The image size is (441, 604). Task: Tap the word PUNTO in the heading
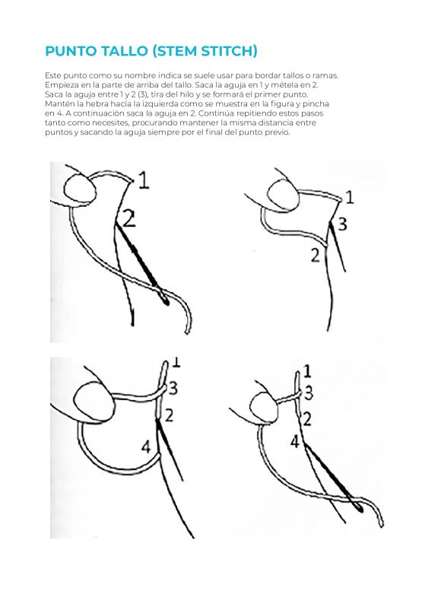click(x=71, y=51)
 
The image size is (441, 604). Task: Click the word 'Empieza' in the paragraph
click(x=58, y=85)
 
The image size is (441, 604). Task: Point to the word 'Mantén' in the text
click(x=57, y=104)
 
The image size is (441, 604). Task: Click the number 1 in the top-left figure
click(x=144, y=180)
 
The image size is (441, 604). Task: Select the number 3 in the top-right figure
click(x=342, y=224)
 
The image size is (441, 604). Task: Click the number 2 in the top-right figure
click(x=316, y=255)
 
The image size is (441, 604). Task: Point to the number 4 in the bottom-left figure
click(x=146, y=447)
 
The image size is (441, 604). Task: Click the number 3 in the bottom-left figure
click(x=173, y=388)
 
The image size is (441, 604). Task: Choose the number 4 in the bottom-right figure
click(x=294, y=442)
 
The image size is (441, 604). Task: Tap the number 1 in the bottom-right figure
click(x=306, y=372)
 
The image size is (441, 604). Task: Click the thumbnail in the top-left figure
click(x=79, y=189)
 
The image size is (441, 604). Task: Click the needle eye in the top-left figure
click(x=166, y=300)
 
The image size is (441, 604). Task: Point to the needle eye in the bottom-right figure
click(x=359, y=508)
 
